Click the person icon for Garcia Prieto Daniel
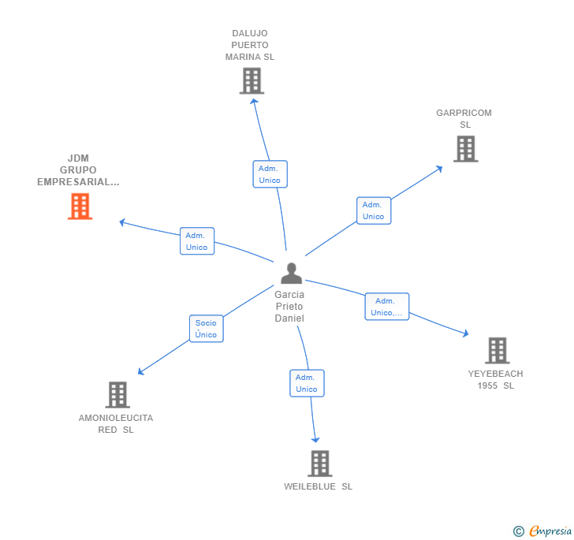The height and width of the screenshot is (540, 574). [291, 274]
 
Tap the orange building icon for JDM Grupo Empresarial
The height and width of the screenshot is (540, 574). [80, 206]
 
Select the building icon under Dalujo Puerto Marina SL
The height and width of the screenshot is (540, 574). [251, 80]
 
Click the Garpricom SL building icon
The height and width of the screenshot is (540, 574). [465, 148]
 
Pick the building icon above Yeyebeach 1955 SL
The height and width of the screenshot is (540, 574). [497, 350]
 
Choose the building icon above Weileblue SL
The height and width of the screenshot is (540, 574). [319, 463]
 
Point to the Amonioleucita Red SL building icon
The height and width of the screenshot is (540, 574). [117, 394]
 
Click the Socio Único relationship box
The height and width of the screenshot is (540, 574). [206, 329]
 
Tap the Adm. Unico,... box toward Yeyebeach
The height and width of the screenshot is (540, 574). [387, 307]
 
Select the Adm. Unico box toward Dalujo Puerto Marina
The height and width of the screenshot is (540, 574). [270, 174]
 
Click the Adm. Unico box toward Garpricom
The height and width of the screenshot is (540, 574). [374, 210]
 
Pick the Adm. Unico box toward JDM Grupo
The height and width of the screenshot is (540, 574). [196, 241]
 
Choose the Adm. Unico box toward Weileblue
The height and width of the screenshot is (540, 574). [307, 383]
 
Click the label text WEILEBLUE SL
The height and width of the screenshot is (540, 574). [319, 486]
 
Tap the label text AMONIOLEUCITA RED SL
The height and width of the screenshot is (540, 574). [116, 424]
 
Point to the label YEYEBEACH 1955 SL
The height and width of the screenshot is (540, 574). [495, 380]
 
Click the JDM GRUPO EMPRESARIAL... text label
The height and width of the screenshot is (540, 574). [78, 170]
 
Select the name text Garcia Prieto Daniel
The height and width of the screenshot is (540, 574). [289, 306]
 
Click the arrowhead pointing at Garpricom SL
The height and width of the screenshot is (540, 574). [440, 169]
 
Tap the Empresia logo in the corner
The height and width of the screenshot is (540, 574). [543, 531]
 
